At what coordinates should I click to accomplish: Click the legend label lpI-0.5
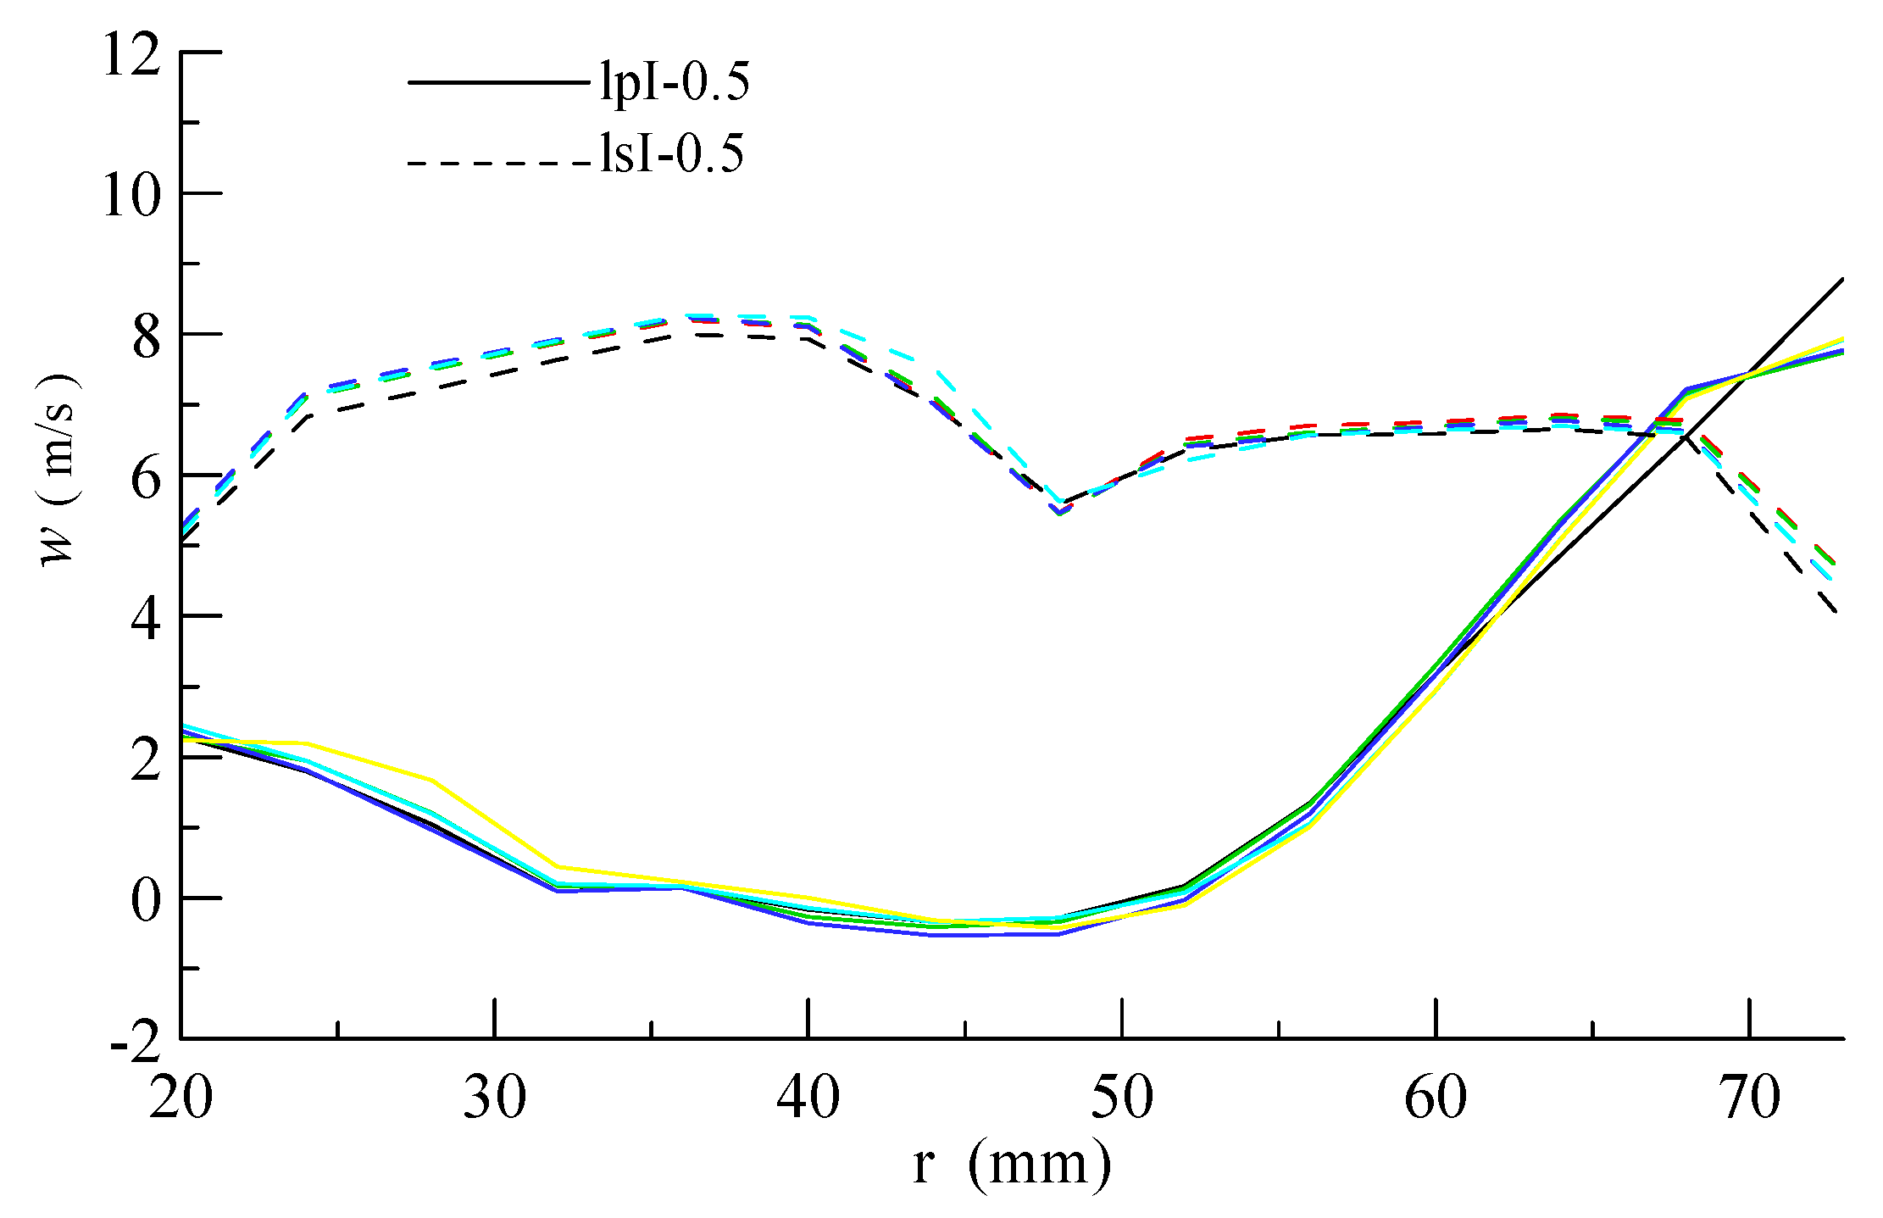[x=675, y=82]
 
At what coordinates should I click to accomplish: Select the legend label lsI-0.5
[x=672, y=154]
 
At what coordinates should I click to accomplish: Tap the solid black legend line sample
[x=498, y=82]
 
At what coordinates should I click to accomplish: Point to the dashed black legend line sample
[x=498, y=162]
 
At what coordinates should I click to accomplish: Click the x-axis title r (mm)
[x=1012, y=1164]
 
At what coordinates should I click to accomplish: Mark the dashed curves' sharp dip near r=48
[x=1060, y=509]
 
